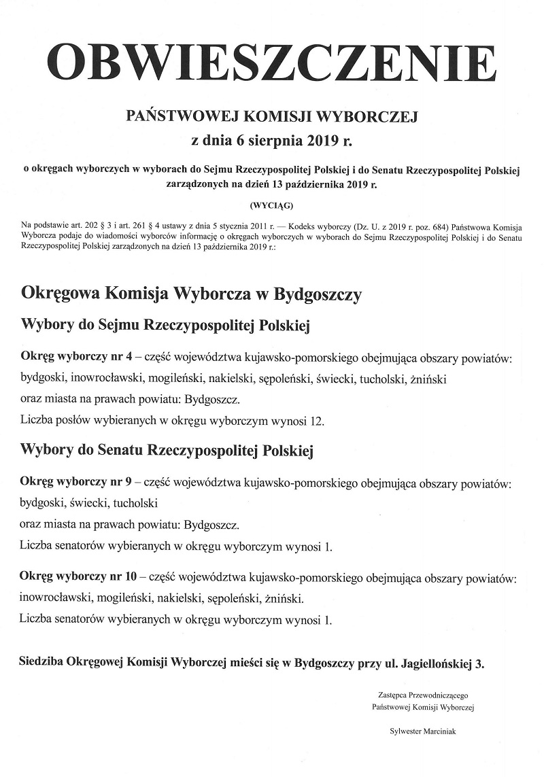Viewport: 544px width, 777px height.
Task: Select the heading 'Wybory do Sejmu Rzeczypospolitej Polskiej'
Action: tap(166, 326)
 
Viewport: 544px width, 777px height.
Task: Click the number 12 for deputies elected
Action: tap(317, 421)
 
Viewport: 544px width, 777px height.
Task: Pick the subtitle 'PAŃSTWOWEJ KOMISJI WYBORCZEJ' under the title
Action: tap(272, 117)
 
